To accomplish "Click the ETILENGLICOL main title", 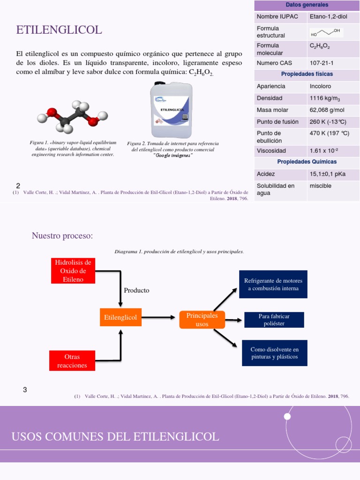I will [x=59, y=30].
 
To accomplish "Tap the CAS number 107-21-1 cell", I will [x=322, y=62].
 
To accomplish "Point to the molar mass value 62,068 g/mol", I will [x=327, y=110].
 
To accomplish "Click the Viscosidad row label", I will [x=271, y=151].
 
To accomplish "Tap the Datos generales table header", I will [x=307, y=5].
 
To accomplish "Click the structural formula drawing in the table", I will [x=327, y=32].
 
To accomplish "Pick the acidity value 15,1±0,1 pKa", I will [x=327, y=174].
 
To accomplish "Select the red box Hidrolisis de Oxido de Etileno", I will [x=72, y=270].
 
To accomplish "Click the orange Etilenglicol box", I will [x=120, y=317].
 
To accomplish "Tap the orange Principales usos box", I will [x=202, y=320].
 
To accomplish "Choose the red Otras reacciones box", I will [x=72, y=361].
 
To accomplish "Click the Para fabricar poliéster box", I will [x=274, y=320].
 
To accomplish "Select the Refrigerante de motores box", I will [x=273, y=284].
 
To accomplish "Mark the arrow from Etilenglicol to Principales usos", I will [x=160, y=317].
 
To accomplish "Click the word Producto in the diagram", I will [x=136, y=290].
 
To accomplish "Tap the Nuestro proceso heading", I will [x=62, y=235].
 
